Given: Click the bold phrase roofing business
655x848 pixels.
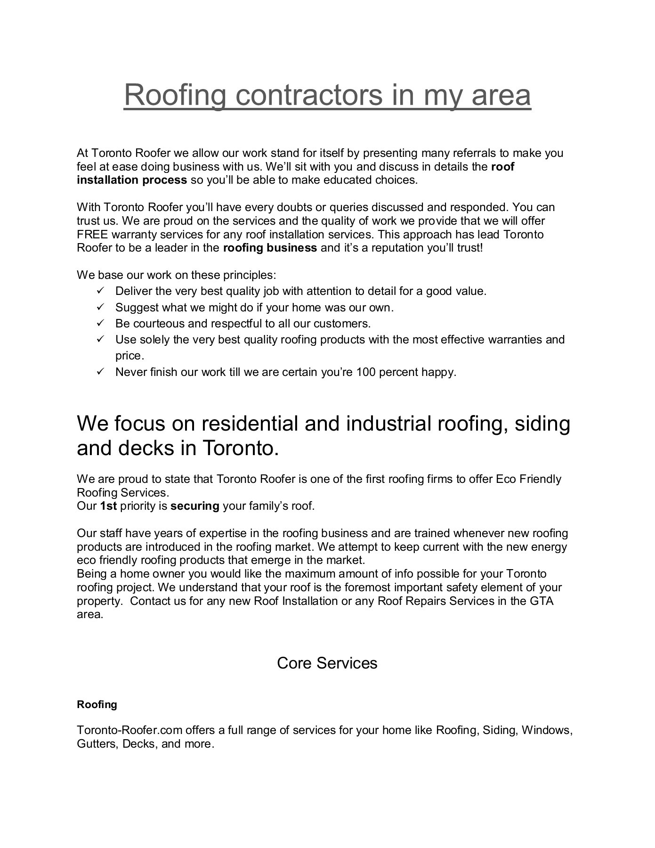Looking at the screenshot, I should [269, 248].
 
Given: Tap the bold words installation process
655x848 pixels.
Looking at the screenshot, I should [132, 180].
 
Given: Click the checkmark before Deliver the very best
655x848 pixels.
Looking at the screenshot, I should [100, 291].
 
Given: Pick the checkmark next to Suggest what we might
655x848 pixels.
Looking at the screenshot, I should [100, 307].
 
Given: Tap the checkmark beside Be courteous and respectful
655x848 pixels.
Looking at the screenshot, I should [100, 323].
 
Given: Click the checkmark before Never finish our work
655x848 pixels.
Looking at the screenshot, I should [100, 372].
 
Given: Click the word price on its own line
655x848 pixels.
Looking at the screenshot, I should [129, 356].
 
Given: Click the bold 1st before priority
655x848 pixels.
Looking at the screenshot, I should [108, 506].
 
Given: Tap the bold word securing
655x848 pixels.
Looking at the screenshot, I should [194, 506].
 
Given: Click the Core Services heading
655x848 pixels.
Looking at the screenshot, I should [327, 663].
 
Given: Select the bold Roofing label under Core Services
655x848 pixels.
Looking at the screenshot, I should [97, 704].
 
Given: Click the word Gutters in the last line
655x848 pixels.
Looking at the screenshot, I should [96, 744].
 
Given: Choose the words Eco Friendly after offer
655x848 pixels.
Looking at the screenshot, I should [528, 479].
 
